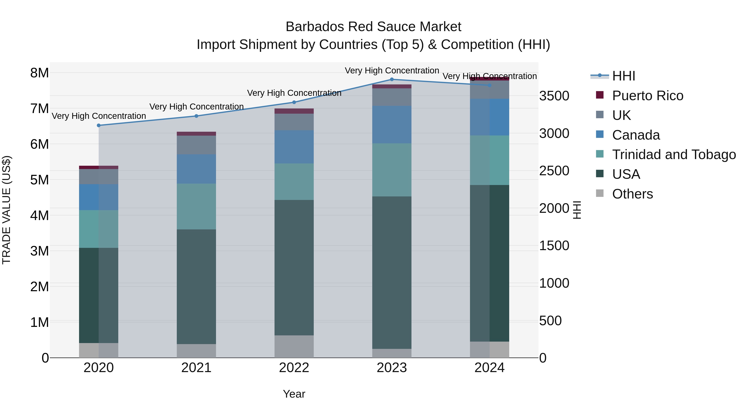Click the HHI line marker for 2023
coord(392,79)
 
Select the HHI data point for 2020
coord(99,125)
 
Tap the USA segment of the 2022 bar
coord(294,268)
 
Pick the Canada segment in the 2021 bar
coord(196,169)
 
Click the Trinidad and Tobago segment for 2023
coord(392,170)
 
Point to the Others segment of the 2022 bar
coord(294,346)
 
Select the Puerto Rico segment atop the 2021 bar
coord(196,134)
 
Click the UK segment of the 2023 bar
coord(392,97)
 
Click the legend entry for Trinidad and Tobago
coord(674,155)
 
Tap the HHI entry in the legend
coord(624,76)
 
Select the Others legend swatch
coord(600,193)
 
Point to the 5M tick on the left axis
coord(39,180)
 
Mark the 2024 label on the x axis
coord(489,368)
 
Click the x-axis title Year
coord(294,394)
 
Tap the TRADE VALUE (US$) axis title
coord(6,210)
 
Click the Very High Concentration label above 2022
coord(294,93)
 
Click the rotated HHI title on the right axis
coord(577,210)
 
